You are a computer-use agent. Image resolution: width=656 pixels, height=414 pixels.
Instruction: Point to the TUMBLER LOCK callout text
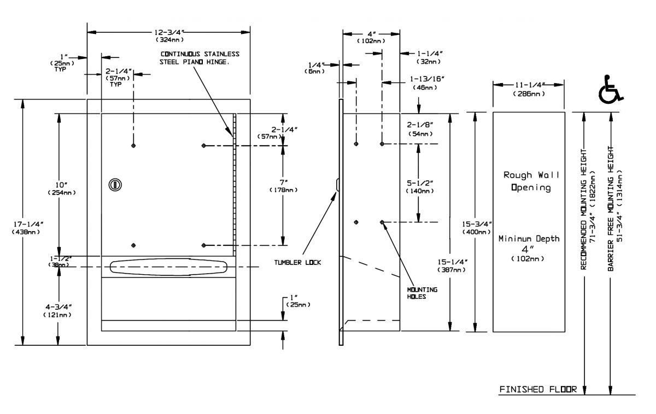point(297,262)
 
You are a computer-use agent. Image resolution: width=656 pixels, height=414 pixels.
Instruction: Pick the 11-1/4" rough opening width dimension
point(529,88)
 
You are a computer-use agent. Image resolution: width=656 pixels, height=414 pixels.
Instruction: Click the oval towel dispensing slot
point(168,267)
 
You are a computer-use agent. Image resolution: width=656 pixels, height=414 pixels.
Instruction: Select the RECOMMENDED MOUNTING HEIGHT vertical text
point(584,208)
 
